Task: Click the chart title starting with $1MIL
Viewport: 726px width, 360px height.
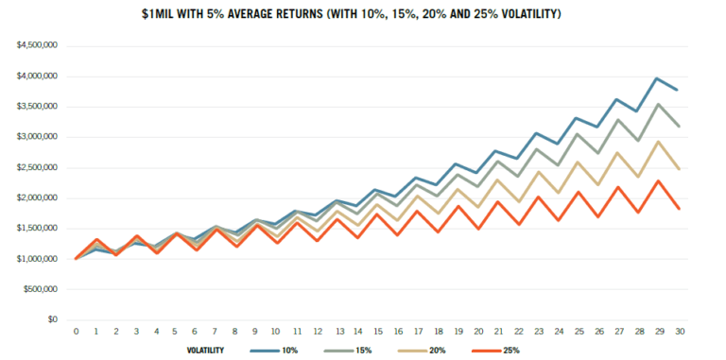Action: [362, 15]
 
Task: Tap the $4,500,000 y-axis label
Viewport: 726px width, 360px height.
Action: [31, 45]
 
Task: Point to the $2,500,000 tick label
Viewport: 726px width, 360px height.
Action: [31, 167]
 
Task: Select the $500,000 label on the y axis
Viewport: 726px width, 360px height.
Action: [35, 289]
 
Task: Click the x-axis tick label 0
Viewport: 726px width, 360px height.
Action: [76, 332]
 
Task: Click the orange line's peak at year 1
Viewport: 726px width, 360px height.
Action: [95, 240]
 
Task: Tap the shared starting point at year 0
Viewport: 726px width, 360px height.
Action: [76, 258]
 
